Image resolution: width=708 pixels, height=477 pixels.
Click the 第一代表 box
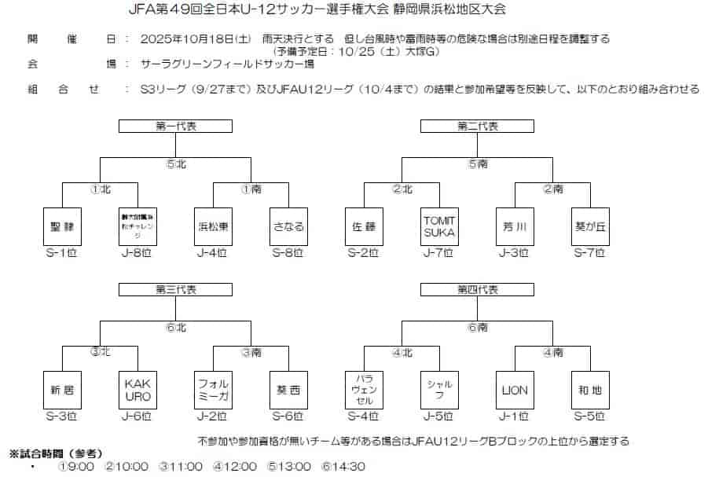(x=175, y=127)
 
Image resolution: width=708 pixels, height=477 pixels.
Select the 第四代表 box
(x=478, y=290)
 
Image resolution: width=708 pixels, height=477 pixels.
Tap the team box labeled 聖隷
(x=61, y=227)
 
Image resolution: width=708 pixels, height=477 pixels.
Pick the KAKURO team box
(x=137, y=390)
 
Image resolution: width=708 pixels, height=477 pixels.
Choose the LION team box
(x=515, y=390)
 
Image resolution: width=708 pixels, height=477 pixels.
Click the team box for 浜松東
(x=213, y=227)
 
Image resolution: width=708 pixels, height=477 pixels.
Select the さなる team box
(x=288, y=227)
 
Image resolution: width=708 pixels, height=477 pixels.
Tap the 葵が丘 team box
(x=590, y=227)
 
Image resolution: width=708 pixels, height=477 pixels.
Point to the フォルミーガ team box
(x=213, y=390)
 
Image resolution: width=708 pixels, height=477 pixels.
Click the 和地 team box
(x=590, y=390)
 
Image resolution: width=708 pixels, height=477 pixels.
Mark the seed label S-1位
(x=61, y=253)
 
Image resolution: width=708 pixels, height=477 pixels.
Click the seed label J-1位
(x=515, y=416)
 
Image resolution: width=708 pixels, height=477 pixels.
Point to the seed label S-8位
(x=288, y=253)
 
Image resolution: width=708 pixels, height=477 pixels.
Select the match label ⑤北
(x=176, y=164)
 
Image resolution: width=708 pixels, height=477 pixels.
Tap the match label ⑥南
(x=478, y=328)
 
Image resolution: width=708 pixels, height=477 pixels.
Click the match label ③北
(x=100, y=352)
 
